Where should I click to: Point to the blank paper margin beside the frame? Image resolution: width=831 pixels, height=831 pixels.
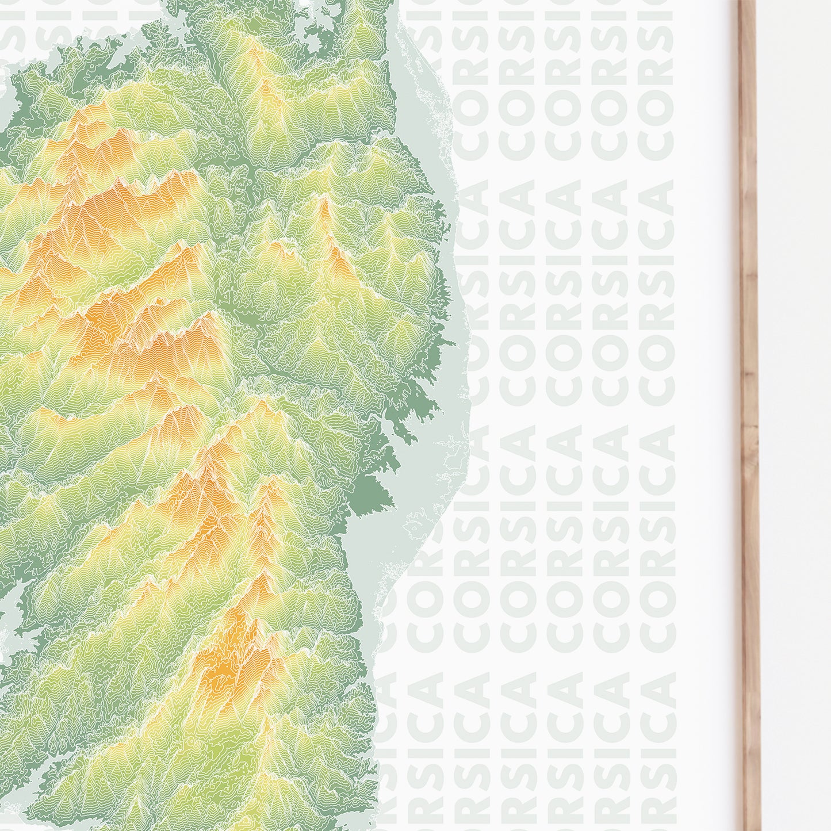[707, 403]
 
